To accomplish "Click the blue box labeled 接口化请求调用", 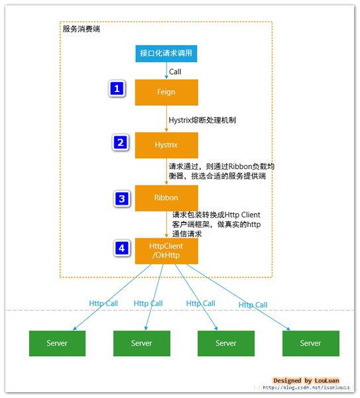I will pos(166,54).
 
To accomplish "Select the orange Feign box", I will pos(166,92).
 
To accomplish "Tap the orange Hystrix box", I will pos(166,144).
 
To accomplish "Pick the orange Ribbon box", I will pos(166,197).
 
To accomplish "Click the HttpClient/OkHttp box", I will pos(166,250).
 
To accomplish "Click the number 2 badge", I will pos(119,142).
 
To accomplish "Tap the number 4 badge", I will pos(121,248).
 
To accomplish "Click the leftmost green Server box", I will pos(57,343).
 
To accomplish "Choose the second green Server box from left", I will pos(141,343).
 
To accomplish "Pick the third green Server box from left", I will pos(226,343).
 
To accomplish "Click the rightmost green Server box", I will pos(310,343).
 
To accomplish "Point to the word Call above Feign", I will pos(175,72).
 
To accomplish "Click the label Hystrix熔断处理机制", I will pos(202,121).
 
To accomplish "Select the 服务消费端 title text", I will pos(81,29).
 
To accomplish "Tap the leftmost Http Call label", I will pos(103,303).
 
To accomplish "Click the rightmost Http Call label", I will pos(253,305).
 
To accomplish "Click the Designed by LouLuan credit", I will pos(306,381).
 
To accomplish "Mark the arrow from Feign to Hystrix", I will pos(166,119).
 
